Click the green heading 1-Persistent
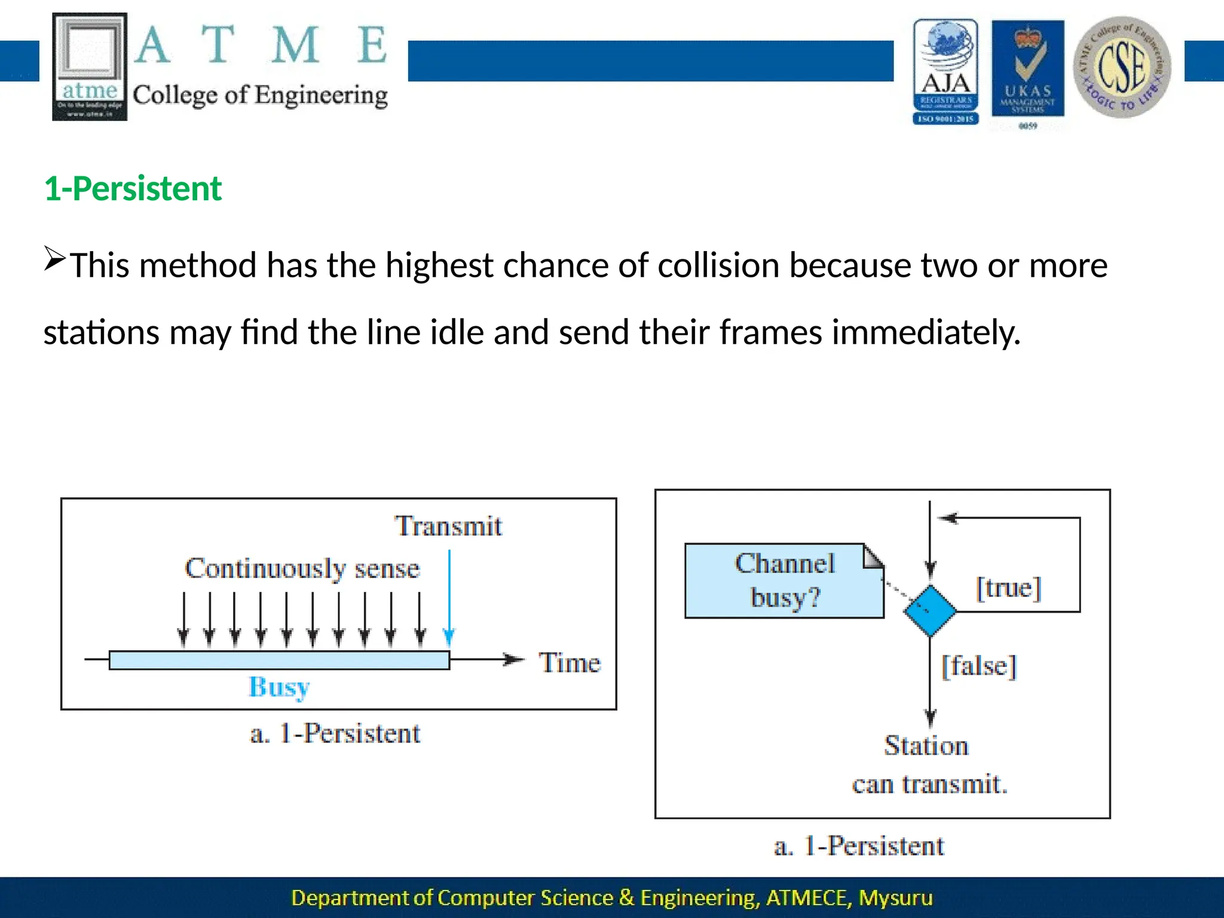pyautogui.click(x=133, y=189)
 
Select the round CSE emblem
pyautogui.click(x=1122, y=68)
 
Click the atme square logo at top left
pyautogui.click(x=90, y=66)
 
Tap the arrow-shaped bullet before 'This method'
pyautogui.click(x=54, y=259)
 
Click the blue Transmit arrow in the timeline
pyautogui.click(x=449, y=598)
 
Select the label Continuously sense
pyautogui.click(x=302, y=568)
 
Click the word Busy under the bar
pyautogui.click(x=279, y=687)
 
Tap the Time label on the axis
pyautogui.click(x=570, y=663)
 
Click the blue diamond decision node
pyautogui.click(x=929, y=611)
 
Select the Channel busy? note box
pyautogui.click(x=784, y=580)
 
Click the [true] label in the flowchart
pyautogui.click(x=1008, y=587)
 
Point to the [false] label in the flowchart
pyautogui.click(x=978, y=666)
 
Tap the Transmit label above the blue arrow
pyautogui.click(x=448, y=527)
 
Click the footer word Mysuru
pyautogui.click(x=895, y=898)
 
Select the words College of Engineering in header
pyautogui.click(x=260, y=95)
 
